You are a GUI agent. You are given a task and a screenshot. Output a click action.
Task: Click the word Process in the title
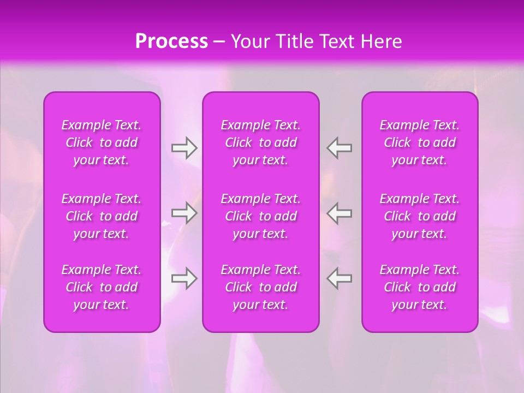[x=171, y=41]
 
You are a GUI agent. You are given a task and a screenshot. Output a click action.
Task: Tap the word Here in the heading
[x=381, y=41]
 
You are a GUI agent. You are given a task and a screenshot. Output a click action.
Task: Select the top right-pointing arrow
[x=184, y=148]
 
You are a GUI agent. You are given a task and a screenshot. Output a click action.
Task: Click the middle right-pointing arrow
[x=184, y=212]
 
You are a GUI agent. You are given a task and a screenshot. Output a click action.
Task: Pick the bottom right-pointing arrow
[x=184, y=278]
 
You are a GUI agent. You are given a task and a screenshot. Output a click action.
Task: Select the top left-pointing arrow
[x=340, y=148]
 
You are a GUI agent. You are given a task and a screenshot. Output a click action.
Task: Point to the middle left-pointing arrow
[x=340, y=212]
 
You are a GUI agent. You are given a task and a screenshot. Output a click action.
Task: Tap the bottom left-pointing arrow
[x=340, y=278]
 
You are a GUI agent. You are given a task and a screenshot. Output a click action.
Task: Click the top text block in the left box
[x=102, y=142]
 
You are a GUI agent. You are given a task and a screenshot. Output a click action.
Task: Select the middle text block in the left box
[x=102, y=216]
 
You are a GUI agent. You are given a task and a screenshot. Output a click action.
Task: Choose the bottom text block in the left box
[x=102, y=287]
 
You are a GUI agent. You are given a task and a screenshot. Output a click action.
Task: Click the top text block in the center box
[x=261, y=142]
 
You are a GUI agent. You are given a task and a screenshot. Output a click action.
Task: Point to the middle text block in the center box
[x=261, y=216]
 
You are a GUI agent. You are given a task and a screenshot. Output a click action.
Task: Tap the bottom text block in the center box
[x=261, y=287]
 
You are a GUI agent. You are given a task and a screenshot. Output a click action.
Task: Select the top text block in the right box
[x=420, y=142]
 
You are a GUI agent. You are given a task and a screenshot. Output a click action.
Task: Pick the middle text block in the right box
[x=420, y=216]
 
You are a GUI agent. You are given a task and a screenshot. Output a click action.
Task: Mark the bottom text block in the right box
[x=420, y=287]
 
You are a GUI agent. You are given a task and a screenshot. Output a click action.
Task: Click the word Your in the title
[x=249, y=41]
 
